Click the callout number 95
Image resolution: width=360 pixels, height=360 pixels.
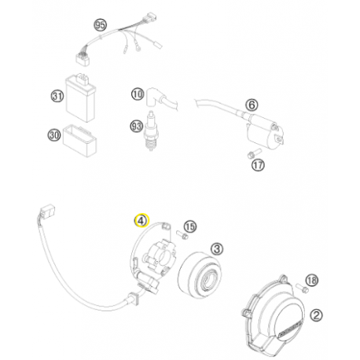(x=100, y=25)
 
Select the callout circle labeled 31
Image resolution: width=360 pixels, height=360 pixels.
(x=56, y=97)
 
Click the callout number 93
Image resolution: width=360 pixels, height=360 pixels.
(x=137, y=125)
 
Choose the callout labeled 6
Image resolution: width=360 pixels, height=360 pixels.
(x=252, y=105)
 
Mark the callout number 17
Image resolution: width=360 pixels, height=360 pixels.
(x=258, y=165)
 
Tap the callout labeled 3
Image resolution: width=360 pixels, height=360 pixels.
(x=218, y=248)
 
